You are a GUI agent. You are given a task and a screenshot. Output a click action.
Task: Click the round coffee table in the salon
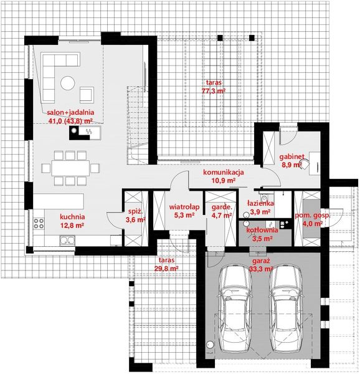(67, 82)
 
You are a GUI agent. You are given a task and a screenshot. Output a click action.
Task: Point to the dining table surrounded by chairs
(73, 167)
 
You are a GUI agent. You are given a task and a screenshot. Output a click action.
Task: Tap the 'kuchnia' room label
(72, 217)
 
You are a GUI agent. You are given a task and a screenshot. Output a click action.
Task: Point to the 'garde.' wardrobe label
(222, 207)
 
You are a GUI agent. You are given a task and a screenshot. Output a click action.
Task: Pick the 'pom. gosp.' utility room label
(311, 215)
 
